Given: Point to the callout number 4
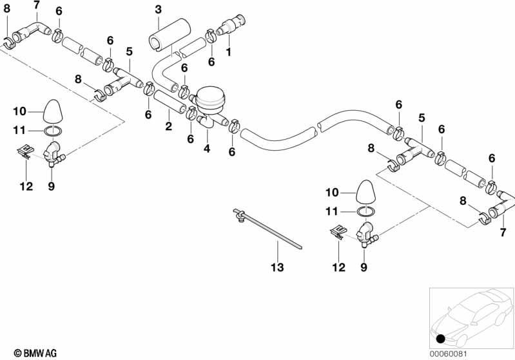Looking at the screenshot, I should [x=207, y=149].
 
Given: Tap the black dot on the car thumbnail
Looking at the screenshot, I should [x=440, y=339].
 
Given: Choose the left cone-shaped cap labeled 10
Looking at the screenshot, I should [x=53, y=111].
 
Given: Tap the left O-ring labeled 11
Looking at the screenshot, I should [x=54, y=131].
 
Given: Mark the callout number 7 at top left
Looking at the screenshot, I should [x=36, y=5].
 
